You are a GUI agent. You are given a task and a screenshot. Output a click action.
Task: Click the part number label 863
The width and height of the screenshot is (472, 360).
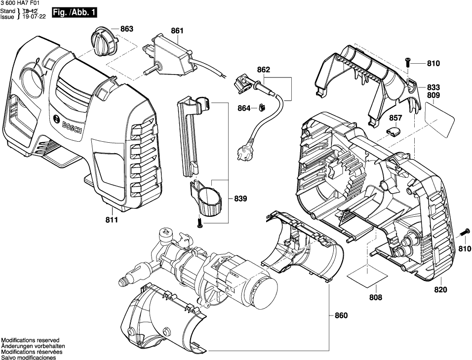coord(127,29)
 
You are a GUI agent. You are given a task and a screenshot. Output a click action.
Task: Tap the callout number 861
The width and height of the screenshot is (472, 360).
coord(177,31)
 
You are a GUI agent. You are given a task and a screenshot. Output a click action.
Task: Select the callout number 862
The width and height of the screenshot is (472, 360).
coord(264,71)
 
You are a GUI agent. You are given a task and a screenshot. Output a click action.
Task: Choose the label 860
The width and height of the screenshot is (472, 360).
coord(341,316)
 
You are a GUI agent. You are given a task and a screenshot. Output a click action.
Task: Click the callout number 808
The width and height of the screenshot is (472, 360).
coord(375,297)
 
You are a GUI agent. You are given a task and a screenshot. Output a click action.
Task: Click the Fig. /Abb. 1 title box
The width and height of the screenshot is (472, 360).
coord(75,11)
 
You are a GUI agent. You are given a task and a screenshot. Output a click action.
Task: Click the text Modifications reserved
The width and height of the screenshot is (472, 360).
coord(30,341)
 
